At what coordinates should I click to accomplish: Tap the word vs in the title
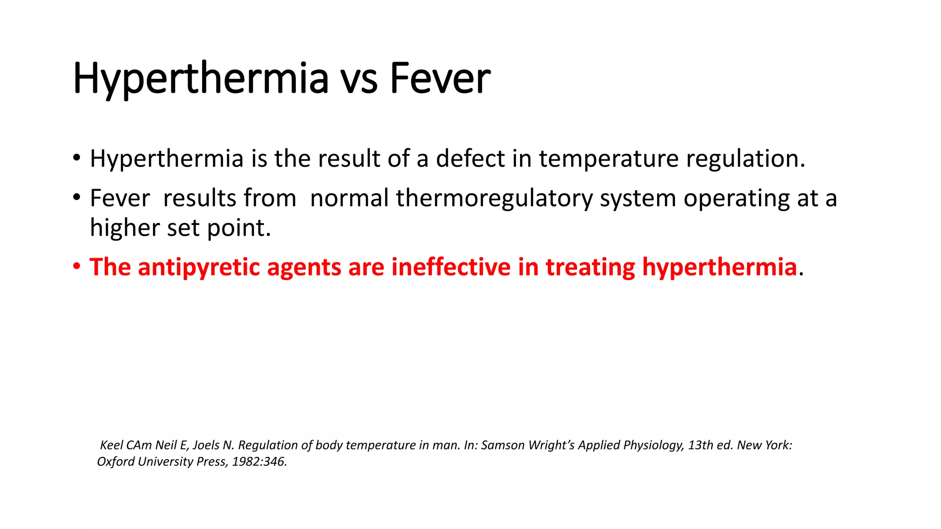(359, 79)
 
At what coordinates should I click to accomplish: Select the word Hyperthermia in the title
(201, 79)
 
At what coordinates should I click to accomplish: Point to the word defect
(470, 158)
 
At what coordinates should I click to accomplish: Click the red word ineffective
(451, 267)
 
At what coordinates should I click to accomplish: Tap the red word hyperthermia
(719, 267)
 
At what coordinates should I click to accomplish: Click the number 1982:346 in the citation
(259, 461)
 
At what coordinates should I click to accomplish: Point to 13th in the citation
(700, 445)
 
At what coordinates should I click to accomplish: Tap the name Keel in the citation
(111, 445)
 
